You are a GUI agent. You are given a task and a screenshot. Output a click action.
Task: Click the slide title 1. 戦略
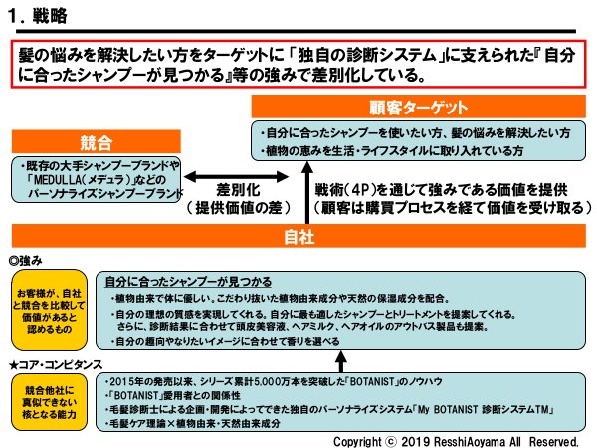point(40,17)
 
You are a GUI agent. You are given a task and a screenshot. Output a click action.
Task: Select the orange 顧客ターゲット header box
point(419,107)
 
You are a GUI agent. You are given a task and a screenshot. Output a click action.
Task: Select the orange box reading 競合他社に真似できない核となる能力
point(51,402)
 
